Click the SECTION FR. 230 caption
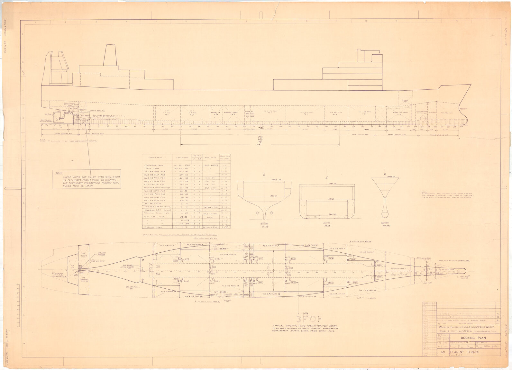(385, 224)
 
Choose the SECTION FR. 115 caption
(326, 224)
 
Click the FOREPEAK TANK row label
(155, 165)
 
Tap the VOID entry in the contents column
(211, 217)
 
